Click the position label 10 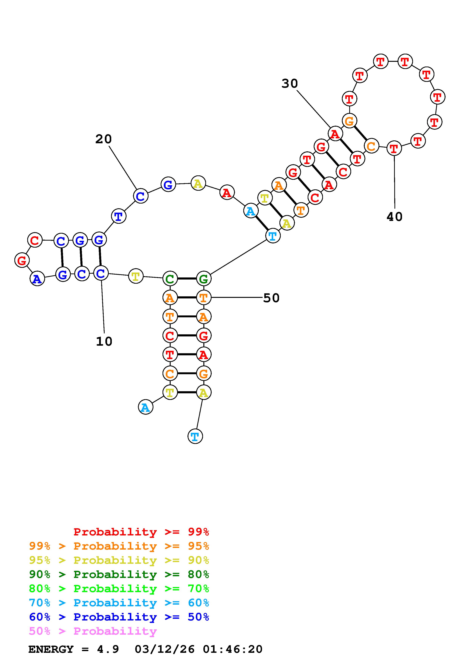tap(104, 342)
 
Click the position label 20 tap(103, 139)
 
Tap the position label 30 tap(289, 84)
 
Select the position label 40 tap(394, 217)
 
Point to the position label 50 tap(271, 298)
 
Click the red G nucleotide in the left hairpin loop tap(22, 260)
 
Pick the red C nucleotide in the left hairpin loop tap(35, 240)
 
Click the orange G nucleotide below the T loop tap(349, 121)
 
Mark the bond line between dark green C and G tap(187, 279)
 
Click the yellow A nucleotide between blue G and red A tap(198, 183)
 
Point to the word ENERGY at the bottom tap(51, 649)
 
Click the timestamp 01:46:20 tap(233, 649)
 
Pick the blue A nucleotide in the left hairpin tap(37, 279)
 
